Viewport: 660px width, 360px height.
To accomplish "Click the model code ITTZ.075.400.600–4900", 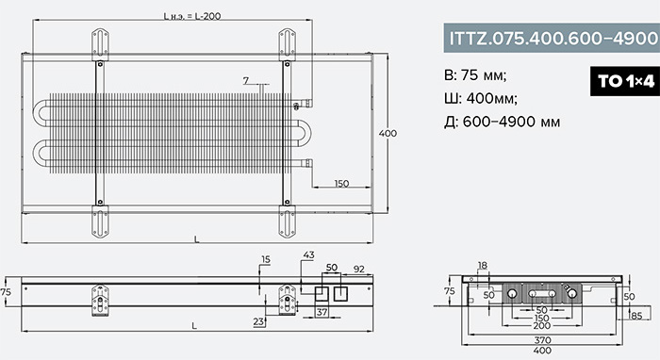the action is tap(553, 39).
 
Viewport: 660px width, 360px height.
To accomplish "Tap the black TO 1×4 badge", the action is tap(625, 81).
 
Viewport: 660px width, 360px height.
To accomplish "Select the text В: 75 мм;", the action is tap(475, 75).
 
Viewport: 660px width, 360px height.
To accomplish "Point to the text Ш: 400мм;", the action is tap(481, 98).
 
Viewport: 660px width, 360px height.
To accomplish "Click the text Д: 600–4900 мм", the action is tap(503, 122).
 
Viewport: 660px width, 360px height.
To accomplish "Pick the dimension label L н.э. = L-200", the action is tap(192, 16).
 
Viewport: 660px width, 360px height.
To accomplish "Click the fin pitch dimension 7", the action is tap(246, 80).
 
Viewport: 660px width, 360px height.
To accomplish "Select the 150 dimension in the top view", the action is tap(341, 184).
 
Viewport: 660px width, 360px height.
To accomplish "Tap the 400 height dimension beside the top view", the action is tap(388, 133).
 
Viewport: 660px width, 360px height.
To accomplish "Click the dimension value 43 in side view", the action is tap(308, 254).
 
